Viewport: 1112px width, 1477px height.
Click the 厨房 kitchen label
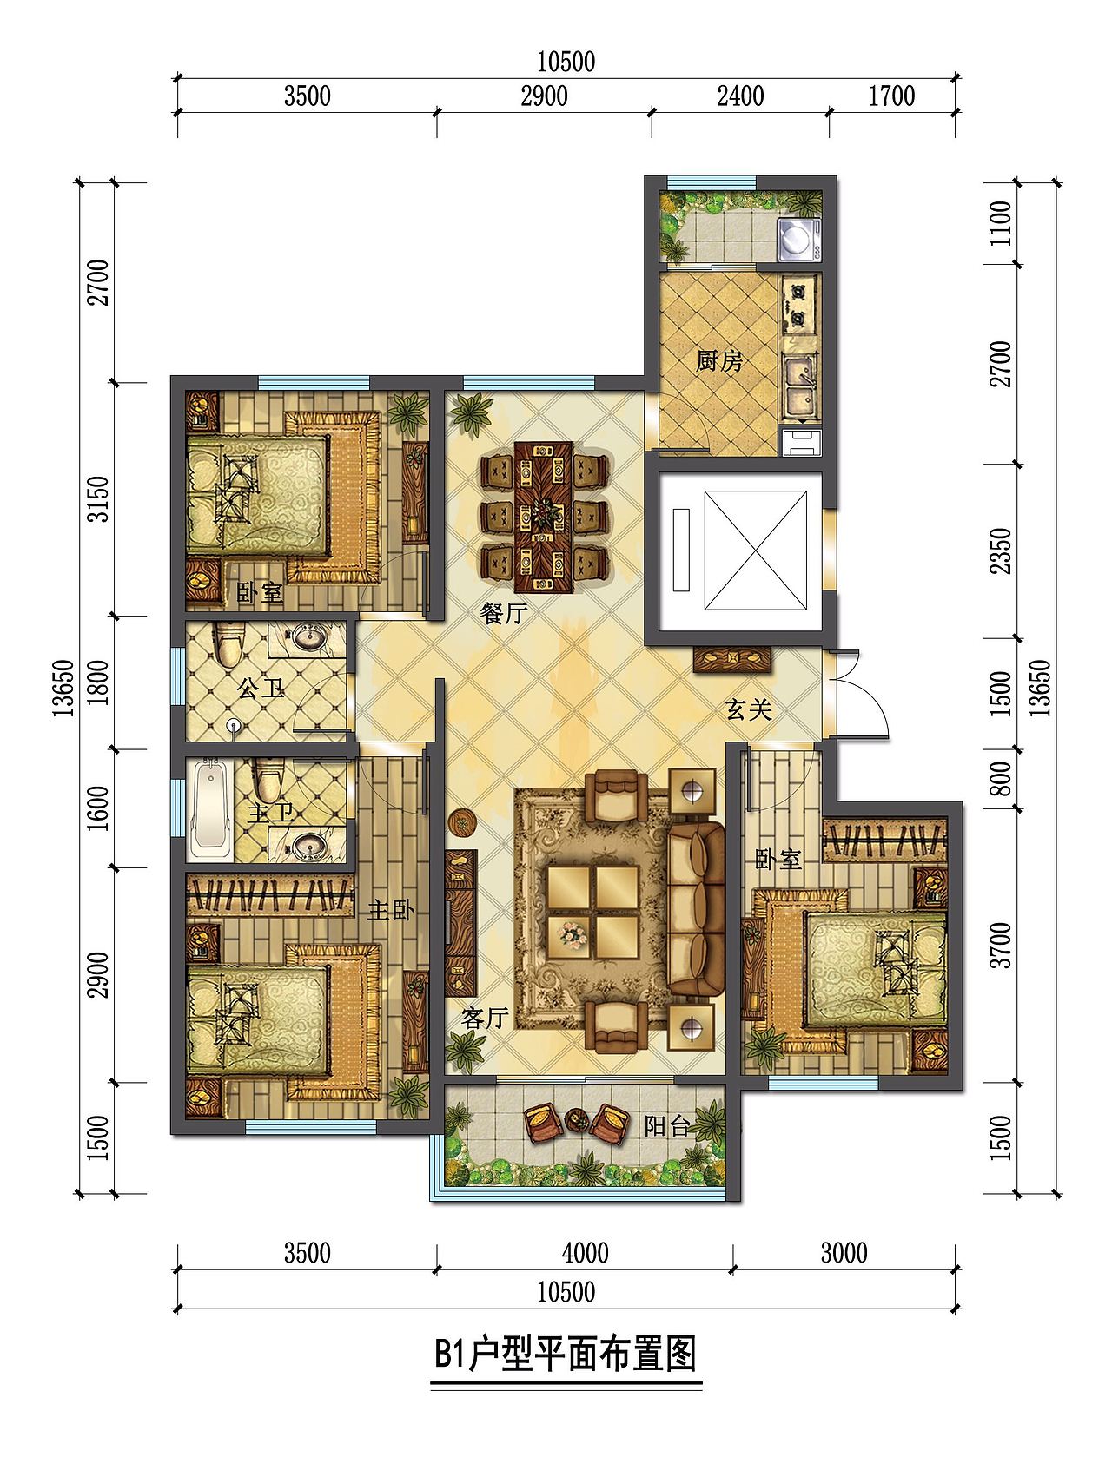coord(720,360)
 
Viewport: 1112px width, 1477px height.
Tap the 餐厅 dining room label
coord(504,614)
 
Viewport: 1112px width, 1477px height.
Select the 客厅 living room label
coord(484,1018)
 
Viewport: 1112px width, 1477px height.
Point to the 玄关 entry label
coord(749,710)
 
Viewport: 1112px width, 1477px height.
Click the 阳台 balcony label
coord(667,1127)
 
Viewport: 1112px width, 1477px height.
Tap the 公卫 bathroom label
coord(261,690)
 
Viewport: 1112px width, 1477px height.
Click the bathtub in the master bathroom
coord(209,804)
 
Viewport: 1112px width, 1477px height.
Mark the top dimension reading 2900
coord(544,95)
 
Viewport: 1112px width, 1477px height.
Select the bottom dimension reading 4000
coord(585,1253)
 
